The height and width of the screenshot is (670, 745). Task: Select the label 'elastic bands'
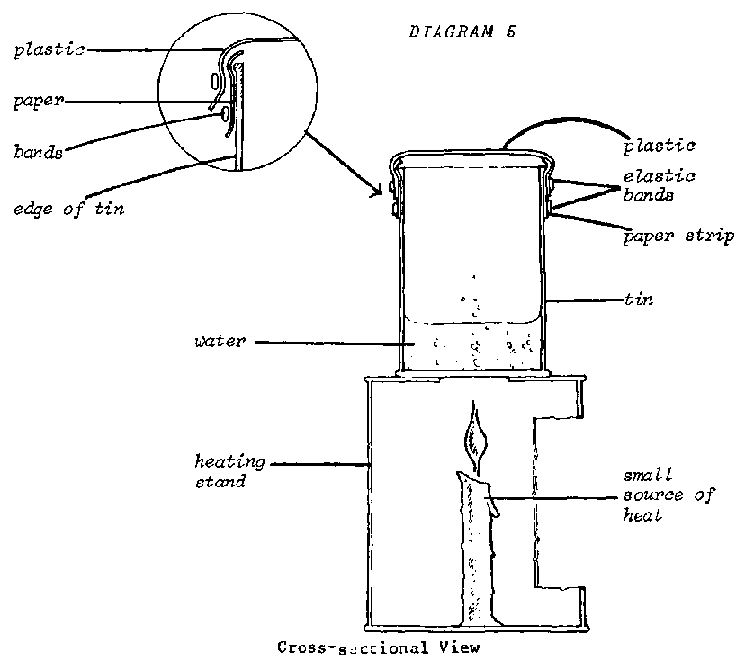coord(658,185)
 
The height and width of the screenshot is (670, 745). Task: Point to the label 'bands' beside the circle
coord(38,152)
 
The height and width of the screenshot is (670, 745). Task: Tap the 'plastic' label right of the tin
coord(659,146)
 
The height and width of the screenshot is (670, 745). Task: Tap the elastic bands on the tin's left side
coord(393,195)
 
